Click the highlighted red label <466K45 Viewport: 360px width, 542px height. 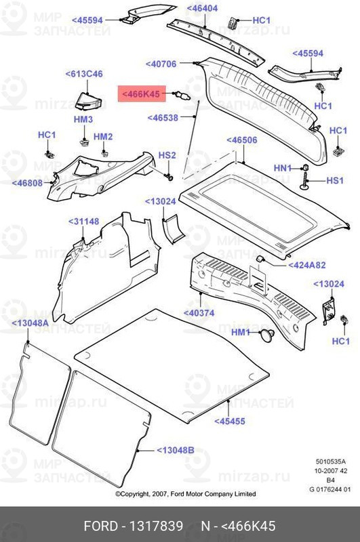click(x=141, y=94)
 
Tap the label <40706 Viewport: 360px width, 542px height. click(x=161, y=64)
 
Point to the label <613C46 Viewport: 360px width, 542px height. click(x=83, y=73)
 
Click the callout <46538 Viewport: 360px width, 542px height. click(x=163, y=117)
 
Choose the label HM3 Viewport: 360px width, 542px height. click(x=83, y=119)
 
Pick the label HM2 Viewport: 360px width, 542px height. click(x=103, y=137)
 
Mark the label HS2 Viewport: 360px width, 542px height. click(x=167, y=156)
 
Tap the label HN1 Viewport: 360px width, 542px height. click(x=282, y=167)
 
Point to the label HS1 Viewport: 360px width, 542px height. click(x=336, y=181)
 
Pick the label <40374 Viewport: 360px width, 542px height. click(x=201, y=313)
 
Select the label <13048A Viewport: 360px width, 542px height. click(x=30, y=324)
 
